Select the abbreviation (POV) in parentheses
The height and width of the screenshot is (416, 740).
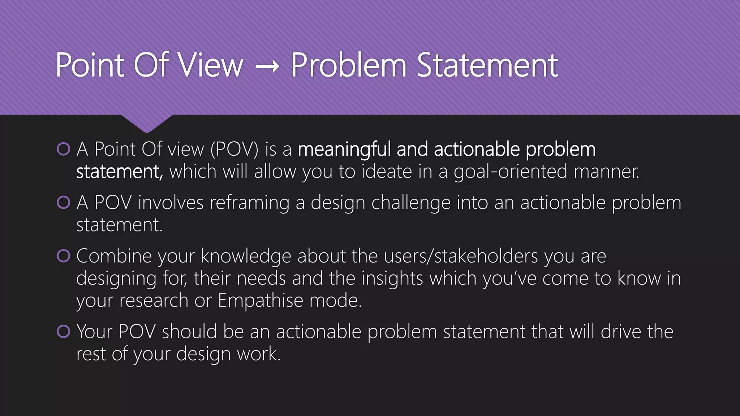click(x=235, y=149)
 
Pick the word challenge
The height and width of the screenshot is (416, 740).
click(x=411, y=203)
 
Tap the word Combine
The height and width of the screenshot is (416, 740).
click(x=114, y=256)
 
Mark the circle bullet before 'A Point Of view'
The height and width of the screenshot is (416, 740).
click(x=64, y=149)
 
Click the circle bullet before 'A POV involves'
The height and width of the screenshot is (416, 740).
click(x=64, y=203)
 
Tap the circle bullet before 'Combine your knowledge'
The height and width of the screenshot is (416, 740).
click(x=64, y=256)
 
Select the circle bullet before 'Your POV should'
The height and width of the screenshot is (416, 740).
click(x=64, y=331)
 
